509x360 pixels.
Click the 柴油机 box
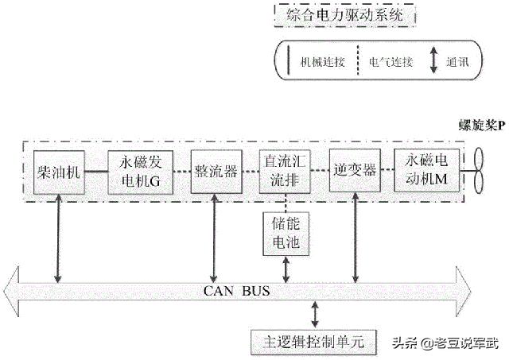click(x=59, y=169)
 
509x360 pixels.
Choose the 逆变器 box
click(x=352, y=169)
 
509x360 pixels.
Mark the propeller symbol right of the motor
click(x=478, y=170)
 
